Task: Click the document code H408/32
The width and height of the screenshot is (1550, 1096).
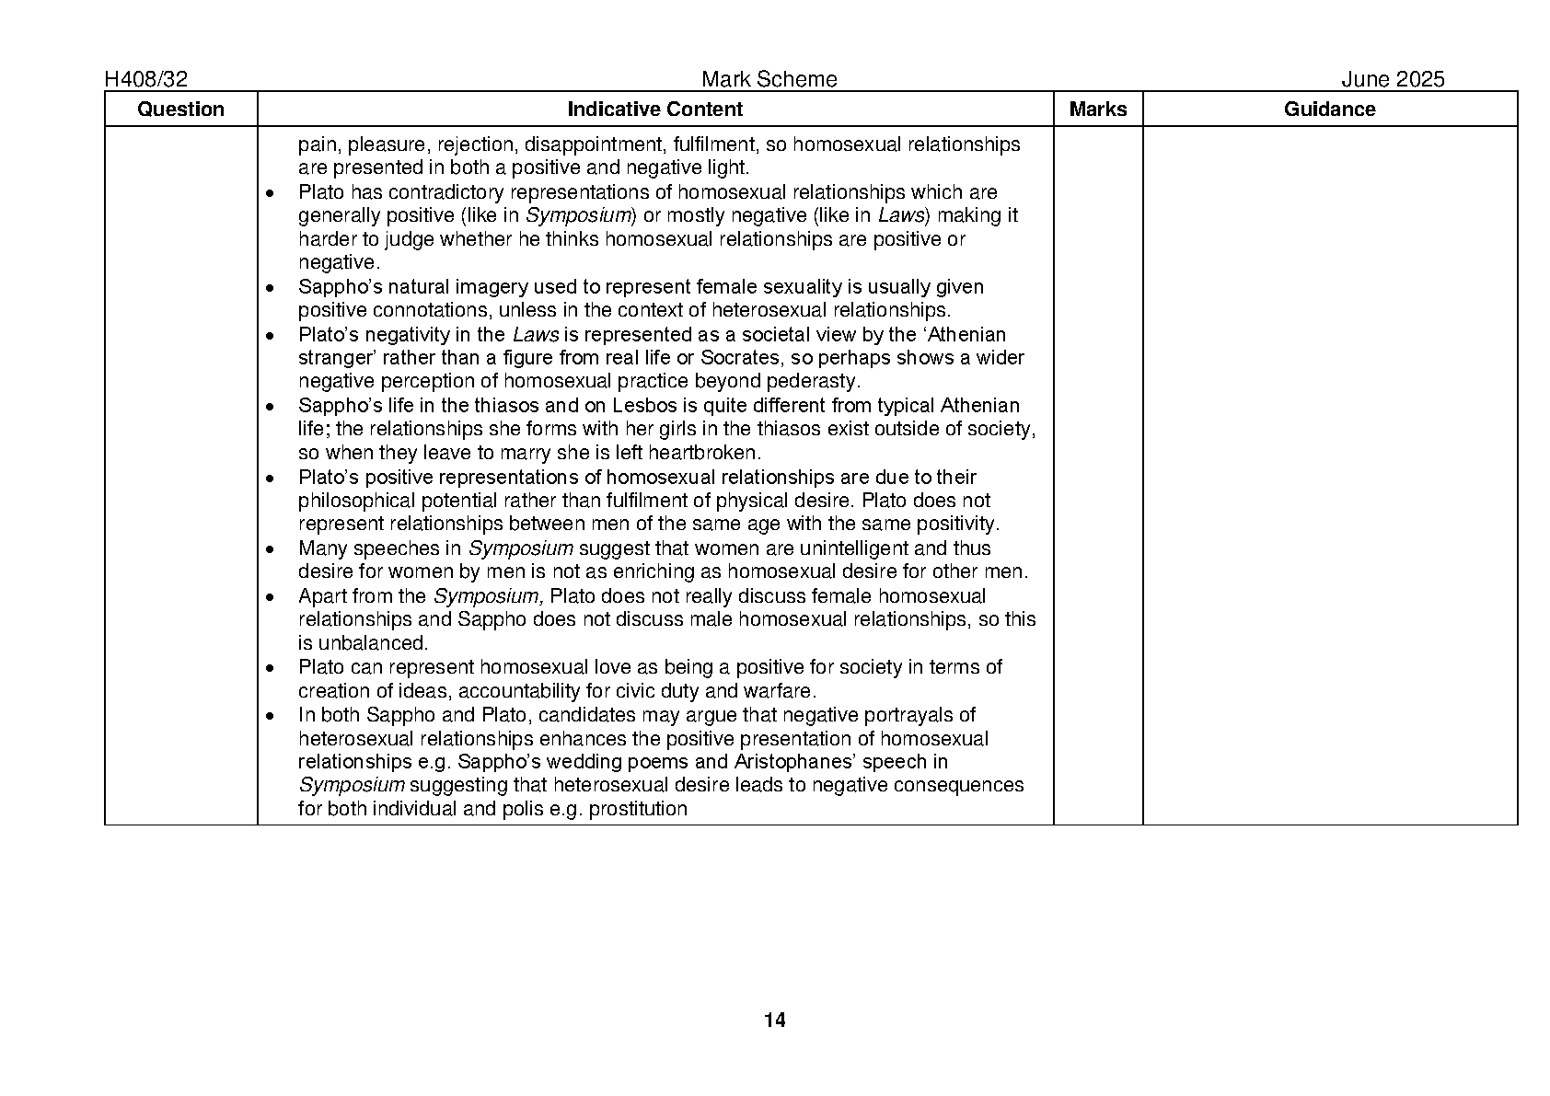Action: pyautogui.click(x=147, y=80)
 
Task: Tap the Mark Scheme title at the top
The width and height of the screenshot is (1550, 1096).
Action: pyautogui.click(x=769, y=80)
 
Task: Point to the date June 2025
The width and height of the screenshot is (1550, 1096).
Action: pyautogui.click(x=1392, y=80)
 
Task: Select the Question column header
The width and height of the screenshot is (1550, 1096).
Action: pyautogui.click(x=180, y=110)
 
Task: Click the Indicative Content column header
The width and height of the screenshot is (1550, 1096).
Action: pyautogui.click(x=654, y=110)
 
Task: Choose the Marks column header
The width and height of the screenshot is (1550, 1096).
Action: pyautogui.click(x=1097, y=110)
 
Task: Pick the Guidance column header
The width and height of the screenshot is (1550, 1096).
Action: pyautogui.click(x=1329, y=110)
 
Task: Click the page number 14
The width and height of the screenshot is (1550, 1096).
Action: pyautogui.click(x=774, y=1020)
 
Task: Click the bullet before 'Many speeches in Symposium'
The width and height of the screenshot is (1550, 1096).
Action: pyautogui.click(x=270, y=549)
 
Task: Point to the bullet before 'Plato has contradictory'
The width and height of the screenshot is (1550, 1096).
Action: pyautogui.click(x=270, y=193)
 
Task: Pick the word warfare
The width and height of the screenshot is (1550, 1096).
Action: pyautogui.click(x=781, y=691)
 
